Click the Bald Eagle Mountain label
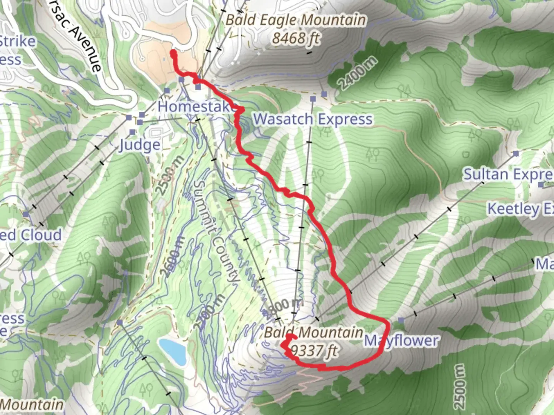click(295, 20)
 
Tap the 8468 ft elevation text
click(296, 38)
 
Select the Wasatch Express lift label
click(313, 119)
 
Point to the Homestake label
click(196, 106)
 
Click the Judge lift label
click(139, 145)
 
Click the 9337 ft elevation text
click(315, 350)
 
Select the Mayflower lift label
click(401, 341)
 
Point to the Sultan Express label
click(508, 174)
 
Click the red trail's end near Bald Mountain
click(291, 337)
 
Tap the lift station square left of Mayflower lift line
click(401, 320)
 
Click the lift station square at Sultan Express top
click(516, 154)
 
